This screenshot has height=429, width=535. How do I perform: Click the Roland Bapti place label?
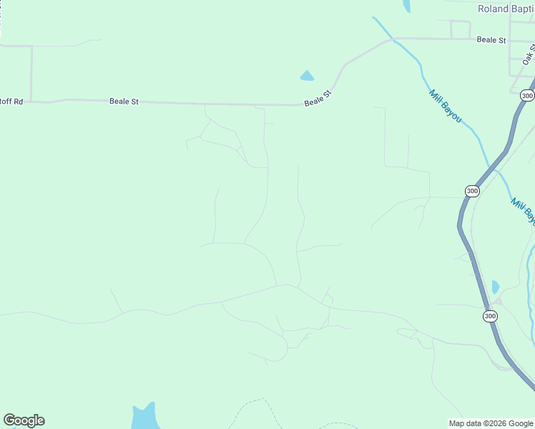[505, 9]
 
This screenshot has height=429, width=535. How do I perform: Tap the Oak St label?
[529, 54]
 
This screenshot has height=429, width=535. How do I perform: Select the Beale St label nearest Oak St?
[491, 40]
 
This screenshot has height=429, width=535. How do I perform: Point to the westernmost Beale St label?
[124, 102]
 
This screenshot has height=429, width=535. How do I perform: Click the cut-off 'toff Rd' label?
[11, 102]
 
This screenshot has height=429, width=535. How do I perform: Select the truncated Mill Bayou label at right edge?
[523, 212]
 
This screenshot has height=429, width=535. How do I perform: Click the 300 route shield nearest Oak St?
[527, 95]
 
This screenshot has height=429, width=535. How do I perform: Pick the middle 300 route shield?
[472, 191]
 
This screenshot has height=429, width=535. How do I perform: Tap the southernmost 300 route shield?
[490, 315]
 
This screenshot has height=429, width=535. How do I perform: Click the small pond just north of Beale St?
[307, 76]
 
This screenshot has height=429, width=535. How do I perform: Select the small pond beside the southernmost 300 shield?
[496, 287]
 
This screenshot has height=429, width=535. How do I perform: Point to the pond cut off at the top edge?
[407, 6]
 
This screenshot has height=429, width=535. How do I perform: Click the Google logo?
[24, 420]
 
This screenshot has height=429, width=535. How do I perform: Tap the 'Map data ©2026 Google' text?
[491, 423]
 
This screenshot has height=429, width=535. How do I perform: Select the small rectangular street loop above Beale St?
[460, 30]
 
